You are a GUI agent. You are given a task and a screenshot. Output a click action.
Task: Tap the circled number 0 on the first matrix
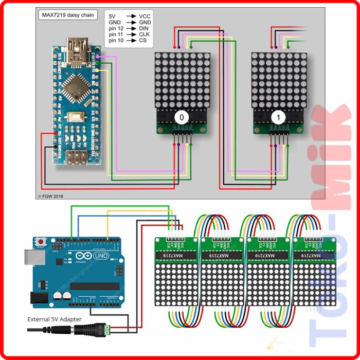coord(182,117)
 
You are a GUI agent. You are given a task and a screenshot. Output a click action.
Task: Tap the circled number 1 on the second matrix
coord(278,117)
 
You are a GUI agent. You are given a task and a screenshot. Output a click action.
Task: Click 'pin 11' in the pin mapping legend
coord(117,34)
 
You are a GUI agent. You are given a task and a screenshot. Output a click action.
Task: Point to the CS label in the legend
coord(142,40)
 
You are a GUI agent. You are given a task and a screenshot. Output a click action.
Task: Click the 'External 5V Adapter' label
coord(54,319)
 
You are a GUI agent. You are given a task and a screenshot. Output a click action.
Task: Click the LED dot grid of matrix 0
coord(182,80)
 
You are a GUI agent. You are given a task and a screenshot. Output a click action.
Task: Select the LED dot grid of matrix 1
coord(279,80)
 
